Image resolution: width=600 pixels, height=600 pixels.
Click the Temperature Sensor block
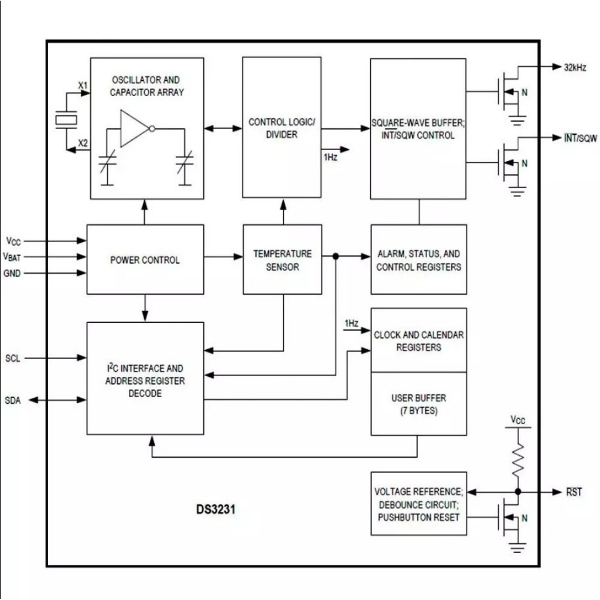tap(282, 260)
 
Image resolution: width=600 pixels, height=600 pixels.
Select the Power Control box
tap(145, 260)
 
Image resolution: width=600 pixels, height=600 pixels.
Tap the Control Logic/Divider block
tap(282, 128)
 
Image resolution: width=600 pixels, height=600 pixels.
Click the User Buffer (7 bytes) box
tap(418, 404)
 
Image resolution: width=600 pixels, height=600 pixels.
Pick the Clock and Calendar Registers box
tap(418, 340)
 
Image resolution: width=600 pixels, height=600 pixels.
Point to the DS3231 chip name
tap(216, 509)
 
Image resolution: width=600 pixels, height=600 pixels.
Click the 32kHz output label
tap(575, 67)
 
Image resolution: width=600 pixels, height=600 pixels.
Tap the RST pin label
tap(574, 492)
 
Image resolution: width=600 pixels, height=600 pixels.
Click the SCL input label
tap(12, 358)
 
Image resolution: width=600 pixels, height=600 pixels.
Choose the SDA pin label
tap(12, 400)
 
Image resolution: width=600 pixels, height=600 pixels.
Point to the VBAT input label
tap(13, 257)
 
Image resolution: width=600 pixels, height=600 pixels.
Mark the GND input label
tap(12, 273)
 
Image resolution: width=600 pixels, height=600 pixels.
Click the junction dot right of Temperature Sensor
tap(336, 257)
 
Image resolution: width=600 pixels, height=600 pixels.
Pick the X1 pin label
tap(83, 86)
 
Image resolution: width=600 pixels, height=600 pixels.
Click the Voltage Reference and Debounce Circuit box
tap(418, 504)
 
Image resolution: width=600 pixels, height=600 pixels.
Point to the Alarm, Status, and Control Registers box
tap(418, 260)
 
